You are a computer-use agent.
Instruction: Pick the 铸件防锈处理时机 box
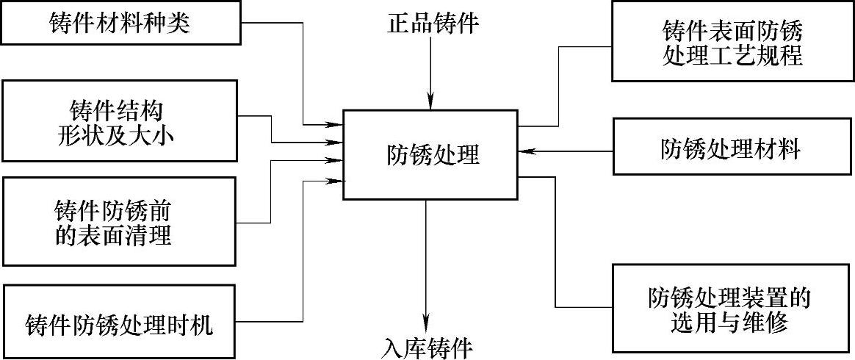click(x=120, y=323)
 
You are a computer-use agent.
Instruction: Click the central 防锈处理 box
click(x=432, y=154)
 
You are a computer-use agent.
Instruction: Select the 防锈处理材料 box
click(x=732, y=150)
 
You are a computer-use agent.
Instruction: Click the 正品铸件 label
click(x=433, y=24)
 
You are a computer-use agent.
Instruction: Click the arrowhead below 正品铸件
click(x=432, y=104)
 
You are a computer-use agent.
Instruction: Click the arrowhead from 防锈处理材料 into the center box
click(x=524, y=151)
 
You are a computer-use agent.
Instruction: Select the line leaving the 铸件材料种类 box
click(x=272, y=21)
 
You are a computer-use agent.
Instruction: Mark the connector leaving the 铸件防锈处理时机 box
click(x=272, y=321)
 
